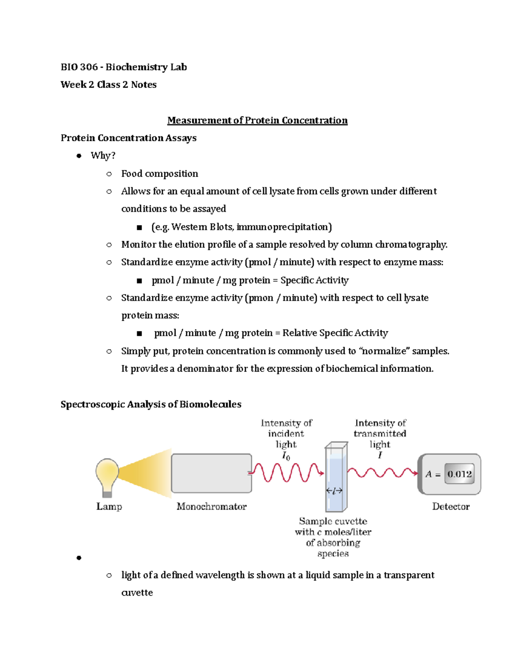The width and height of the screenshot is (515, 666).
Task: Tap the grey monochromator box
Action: [x=211, y=473]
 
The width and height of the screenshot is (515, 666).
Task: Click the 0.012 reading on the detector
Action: [x=459, y=474]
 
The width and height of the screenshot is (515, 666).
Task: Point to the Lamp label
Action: [x=109, y=506]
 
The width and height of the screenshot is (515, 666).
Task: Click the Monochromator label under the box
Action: [x=212, y=506]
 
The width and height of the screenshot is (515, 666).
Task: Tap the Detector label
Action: [x=451, y=506]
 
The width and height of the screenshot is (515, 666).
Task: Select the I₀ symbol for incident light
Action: [x=286, y=456]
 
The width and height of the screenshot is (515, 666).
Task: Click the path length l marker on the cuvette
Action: [x=334, y=491]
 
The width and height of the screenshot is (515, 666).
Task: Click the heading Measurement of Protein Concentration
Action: [x=257, y=121]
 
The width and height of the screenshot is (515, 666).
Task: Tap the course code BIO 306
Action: [x=79, y=67]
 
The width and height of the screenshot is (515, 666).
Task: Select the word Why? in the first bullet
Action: [x=103, y=155]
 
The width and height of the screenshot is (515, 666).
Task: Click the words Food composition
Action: [x=160, y=174]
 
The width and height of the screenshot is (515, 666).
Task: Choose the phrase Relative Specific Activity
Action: [x=335, y=333]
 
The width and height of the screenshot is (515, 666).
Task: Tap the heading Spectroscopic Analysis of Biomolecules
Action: [x=151, y=404]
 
